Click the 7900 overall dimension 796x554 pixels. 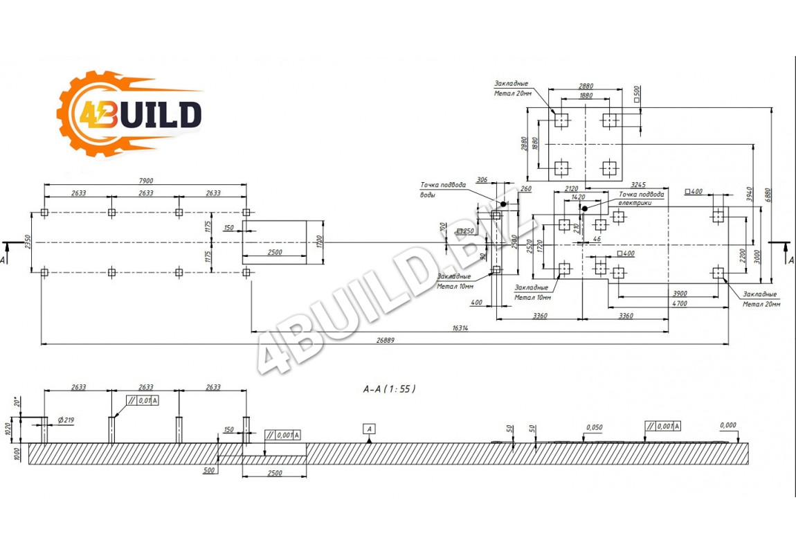click(145, 181)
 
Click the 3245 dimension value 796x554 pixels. click(638, 185)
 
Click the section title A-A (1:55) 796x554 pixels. click(390, 388)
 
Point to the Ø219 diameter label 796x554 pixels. click(66, 420)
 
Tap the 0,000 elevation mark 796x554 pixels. click(727, 425)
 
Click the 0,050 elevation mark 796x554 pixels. click(594, 427)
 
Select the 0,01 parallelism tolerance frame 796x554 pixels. click(143, 400)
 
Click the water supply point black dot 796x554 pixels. click(503, 204)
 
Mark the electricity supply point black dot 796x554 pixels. click(585, 208)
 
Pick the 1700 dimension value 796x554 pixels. click(320, 242)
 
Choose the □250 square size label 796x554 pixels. click(466, 231)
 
